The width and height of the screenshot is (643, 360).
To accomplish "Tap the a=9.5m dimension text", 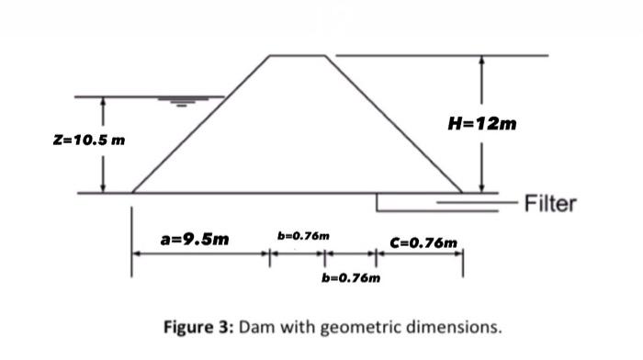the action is click(196, 240).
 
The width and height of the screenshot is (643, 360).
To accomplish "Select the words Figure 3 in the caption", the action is click(197, 326).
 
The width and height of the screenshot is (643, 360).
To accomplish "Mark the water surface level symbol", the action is click(185, 102).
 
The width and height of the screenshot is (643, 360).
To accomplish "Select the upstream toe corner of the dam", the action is click(133, 193).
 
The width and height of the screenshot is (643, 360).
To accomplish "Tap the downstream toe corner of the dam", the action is click(461, 193).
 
